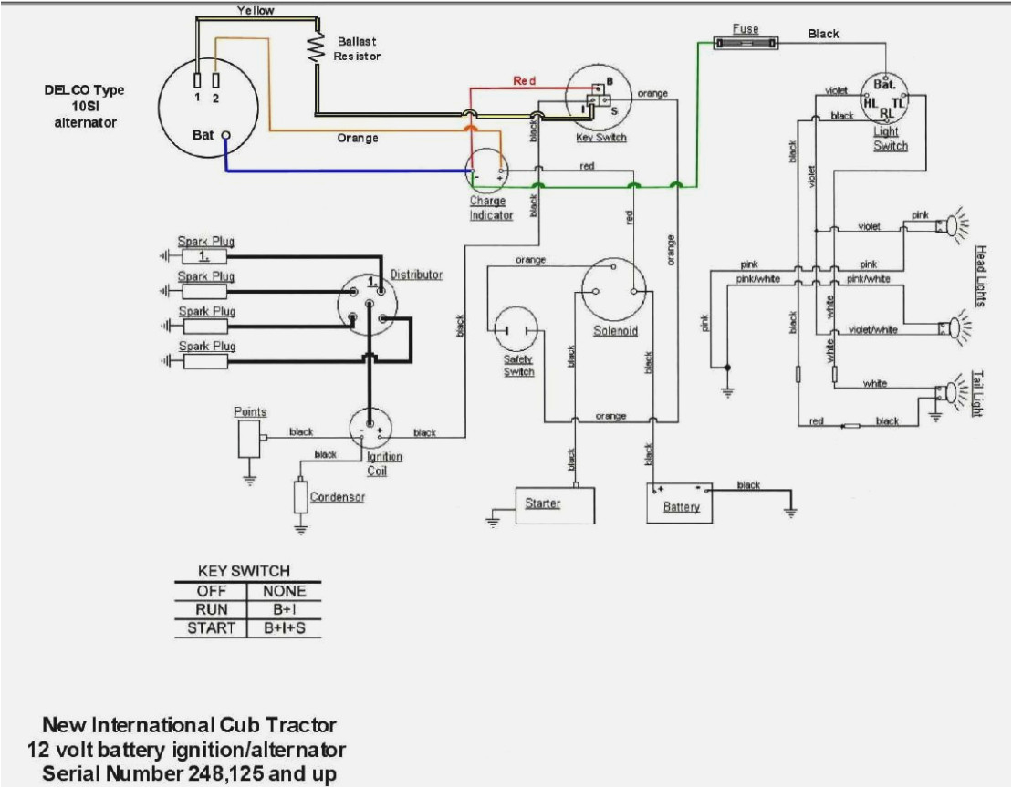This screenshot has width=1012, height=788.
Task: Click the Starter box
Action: [554, 503]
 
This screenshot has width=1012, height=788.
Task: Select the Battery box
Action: [681, 503]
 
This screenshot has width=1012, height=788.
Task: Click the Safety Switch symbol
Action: [517, 332]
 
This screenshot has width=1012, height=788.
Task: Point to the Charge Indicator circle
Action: [488, 171]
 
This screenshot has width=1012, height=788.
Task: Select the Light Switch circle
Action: [885, 100]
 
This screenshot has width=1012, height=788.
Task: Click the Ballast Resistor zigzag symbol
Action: [317, 47]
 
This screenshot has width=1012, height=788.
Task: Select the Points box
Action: [247, 439]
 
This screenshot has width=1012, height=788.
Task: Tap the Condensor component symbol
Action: [300, 496]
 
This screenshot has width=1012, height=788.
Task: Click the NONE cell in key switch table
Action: [284, 590]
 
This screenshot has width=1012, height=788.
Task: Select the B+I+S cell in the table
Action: [284, 627]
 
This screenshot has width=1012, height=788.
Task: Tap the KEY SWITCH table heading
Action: [244, 571]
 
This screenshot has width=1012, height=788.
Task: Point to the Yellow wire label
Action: [255, 10]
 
